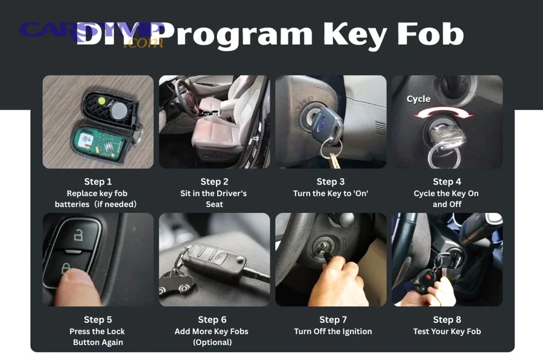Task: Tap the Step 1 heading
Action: point(98,182)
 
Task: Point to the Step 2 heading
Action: point(214,182)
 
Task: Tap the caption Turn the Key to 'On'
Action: point(331,194)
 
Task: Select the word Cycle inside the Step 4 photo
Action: point(418,99)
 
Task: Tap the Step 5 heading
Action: point(98,320)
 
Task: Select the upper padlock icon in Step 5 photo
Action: point(77,235)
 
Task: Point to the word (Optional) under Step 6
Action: point(212,342)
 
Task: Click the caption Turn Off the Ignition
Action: point(333,331)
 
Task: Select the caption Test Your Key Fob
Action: point(447,331)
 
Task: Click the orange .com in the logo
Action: point(143,43)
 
